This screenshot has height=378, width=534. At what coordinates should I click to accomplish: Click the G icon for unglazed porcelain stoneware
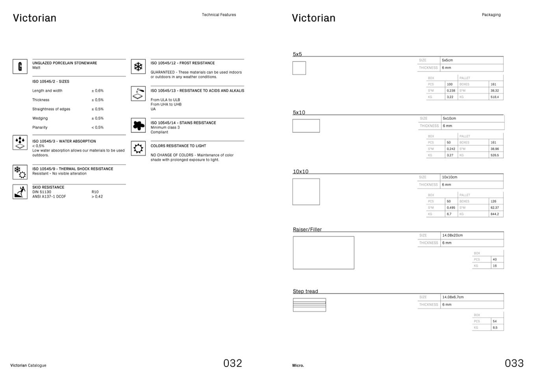20,66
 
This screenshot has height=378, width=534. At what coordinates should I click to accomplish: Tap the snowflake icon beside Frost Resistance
138,67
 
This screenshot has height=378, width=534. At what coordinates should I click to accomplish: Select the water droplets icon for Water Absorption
20,142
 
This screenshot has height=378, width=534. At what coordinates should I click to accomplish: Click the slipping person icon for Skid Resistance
20,192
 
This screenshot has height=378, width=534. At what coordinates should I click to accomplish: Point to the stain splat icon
138,125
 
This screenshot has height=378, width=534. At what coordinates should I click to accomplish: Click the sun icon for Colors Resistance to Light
138,148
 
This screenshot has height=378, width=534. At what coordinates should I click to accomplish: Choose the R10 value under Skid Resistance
95,192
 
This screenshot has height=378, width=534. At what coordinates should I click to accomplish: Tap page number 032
232,363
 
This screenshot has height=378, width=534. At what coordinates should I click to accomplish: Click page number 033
514,363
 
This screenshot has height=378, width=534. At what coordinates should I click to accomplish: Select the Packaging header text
491,15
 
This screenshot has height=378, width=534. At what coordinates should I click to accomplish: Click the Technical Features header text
219,15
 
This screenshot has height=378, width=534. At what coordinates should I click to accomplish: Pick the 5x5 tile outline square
299,68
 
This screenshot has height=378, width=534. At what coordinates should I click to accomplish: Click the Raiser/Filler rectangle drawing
323,253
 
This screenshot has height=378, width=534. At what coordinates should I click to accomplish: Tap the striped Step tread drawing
309,305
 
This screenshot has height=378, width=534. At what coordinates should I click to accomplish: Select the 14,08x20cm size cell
452,235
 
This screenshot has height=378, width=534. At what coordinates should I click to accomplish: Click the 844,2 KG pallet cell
495,214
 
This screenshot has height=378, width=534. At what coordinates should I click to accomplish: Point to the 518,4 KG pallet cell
495,97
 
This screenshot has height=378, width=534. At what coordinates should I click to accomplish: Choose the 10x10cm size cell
449,177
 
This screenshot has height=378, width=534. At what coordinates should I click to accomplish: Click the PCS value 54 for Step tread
495,321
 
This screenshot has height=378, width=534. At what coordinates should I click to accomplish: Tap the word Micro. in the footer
298,365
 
